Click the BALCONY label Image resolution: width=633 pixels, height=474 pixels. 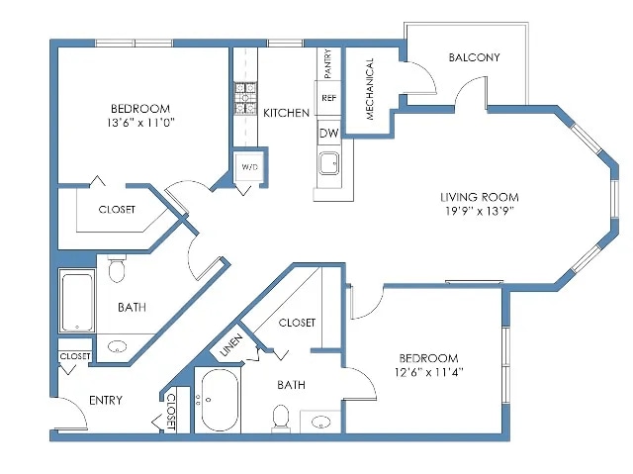point(474,57)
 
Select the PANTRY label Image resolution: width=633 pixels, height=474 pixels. point(327,64)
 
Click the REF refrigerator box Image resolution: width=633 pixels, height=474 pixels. point(328,99)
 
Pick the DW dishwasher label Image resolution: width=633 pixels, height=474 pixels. point(328,132)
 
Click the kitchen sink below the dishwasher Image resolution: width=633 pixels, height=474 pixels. point(329,163)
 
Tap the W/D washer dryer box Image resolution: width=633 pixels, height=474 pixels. point(248,167)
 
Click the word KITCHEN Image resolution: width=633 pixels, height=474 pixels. point(286,113)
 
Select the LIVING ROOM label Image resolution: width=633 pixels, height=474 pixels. point(479,197)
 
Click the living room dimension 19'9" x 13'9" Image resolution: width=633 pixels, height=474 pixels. point(479,211)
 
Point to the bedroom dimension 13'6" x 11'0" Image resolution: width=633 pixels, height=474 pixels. point(139,123)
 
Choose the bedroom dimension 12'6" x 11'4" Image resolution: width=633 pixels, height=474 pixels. point(428,372)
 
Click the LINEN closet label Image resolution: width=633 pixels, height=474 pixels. point(231,344)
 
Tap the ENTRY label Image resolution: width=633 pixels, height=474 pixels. point(105,401)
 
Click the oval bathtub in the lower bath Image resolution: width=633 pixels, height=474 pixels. point(218,401)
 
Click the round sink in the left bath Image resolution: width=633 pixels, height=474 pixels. point(118,347)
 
